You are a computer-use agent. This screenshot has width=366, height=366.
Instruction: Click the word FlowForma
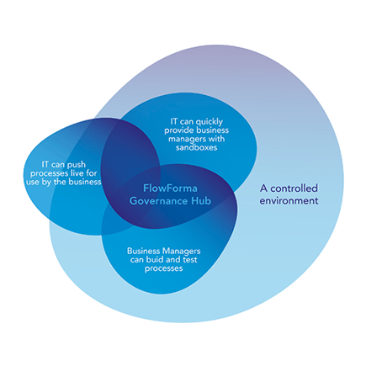coord(170,188)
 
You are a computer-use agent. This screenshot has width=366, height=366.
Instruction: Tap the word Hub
coord(201,201)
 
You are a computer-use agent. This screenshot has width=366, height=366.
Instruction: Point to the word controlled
coord(294,188)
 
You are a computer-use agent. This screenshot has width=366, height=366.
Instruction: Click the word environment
coord(289,201)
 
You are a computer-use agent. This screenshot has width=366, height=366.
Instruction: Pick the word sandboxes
coord(196,147)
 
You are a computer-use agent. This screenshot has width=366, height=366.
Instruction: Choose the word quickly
coord(209,122)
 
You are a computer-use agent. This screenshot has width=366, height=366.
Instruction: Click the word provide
coord(179,130)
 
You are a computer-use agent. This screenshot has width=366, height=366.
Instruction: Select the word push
coord(77,165)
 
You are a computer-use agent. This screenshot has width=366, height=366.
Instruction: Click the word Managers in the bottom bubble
coord(182,252)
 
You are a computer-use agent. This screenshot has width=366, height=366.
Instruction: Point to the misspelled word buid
coord(155,260)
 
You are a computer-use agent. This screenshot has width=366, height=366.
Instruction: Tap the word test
coord(190,260)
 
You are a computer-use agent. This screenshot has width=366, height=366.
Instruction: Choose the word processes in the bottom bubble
coord(164,268)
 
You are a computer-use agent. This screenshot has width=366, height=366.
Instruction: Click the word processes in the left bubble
coord(48,173)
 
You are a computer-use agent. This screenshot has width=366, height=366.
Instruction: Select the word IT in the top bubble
coord(174,122)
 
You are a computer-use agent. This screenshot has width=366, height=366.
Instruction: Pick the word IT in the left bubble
coord(45,165)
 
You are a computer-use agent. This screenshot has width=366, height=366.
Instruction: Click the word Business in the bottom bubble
coord(144,251)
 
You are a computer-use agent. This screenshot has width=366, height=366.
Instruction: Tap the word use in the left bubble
coord(33,183)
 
